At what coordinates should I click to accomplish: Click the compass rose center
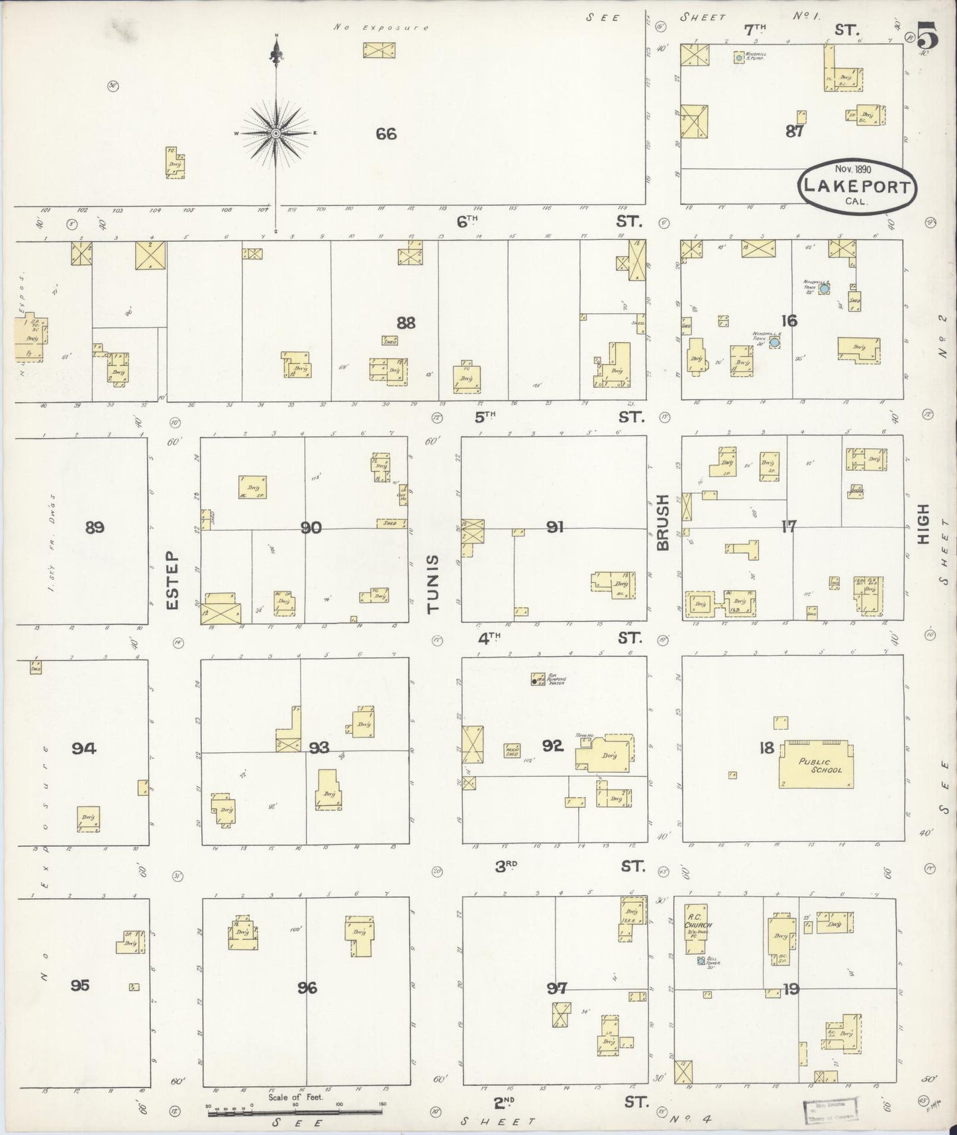[x=275, y=134]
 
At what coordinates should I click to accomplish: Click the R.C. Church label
[x=698, y=920]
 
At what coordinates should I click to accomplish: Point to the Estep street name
[x=173, y=580]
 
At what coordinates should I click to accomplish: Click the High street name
[x=923, y=524]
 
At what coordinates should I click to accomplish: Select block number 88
[x=405, y=323]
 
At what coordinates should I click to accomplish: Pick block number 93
[x=319, y=748]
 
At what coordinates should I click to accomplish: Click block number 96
[x=307, y=988]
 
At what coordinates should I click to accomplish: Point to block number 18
[x=767, y=748]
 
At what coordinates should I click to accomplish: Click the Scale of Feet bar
[x=297, y=1114]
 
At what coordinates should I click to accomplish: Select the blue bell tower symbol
[x=701, y=960]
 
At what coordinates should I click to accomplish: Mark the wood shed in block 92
[x=512, y=750]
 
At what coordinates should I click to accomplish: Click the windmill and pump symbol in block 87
[x=738, y=58]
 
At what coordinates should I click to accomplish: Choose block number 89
[x=95, y=528]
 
